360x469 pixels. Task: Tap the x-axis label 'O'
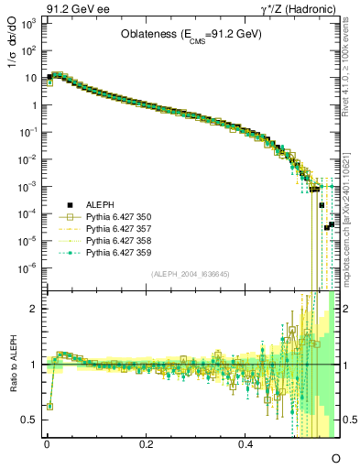pos(335,457)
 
